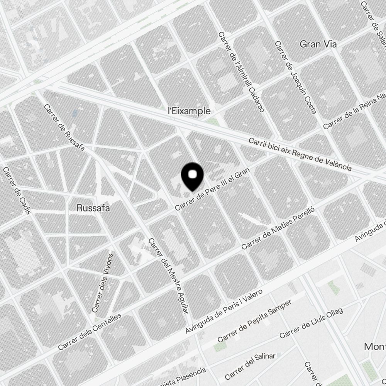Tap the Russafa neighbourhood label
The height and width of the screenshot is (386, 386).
[x=93, y=208]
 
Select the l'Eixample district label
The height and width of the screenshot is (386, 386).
[x=189, y=111]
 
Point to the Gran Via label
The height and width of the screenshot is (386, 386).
[x=318, y=44]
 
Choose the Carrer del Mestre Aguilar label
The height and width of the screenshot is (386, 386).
[x=169, y=276]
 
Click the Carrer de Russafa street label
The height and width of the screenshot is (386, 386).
[x=64, y=128]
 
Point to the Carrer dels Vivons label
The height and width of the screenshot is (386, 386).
[x=103, y=283]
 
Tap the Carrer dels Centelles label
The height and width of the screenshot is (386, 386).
[x=89, y=332]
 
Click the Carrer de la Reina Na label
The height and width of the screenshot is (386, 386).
[x=354, y=112]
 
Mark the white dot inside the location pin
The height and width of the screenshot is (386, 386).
[x=192, y=175]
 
